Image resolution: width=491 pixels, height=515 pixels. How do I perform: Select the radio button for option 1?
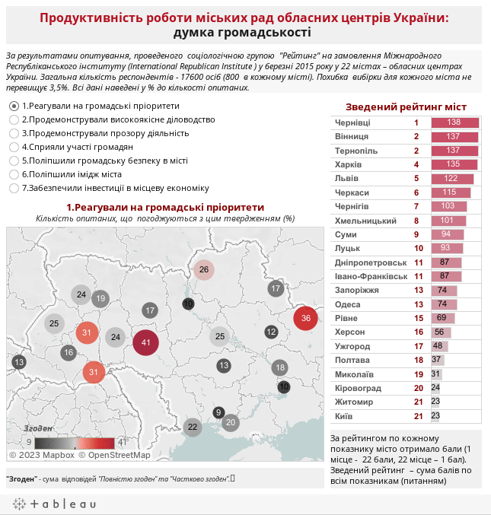[x=14, y=106]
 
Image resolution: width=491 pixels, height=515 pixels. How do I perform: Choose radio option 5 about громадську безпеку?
[x=14, y=161]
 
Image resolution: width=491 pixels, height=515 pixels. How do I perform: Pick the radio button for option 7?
[x=14, y=188]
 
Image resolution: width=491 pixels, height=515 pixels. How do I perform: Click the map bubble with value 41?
[x=145, y=342]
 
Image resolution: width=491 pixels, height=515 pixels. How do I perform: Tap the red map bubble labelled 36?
[x=306, y=318]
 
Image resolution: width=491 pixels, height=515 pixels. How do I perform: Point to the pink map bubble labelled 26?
[x=204, y=269]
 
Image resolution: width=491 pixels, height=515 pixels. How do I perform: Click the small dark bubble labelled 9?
[x=218, y=412]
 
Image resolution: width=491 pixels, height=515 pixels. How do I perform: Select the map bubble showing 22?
[x=193, y=427]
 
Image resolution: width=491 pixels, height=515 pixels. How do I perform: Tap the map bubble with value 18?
[x=280, y=367]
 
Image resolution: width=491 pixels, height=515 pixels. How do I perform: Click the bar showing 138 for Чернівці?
[x=455, y=122]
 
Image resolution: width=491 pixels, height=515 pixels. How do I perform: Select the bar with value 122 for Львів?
[x=452, y=179]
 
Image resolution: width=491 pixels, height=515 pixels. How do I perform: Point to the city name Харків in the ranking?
[x=348, y=164]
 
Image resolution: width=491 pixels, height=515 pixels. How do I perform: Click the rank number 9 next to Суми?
[x=416, y=234]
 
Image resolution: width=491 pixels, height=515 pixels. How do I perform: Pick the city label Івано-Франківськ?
[x=371, y=277]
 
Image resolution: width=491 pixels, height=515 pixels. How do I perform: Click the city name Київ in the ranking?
[x=344, y=416]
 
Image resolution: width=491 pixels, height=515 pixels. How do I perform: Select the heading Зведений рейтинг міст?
[x=406, y=107]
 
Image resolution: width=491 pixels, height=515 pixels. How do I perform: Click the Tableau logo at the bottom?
[x=55, y=504]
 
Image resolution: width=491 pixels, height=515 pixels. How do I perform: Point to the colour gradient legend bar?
[x=75, y=443]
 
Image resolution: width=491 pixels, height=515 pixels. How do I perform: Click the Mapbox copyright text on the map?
[x=42, y=455]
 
